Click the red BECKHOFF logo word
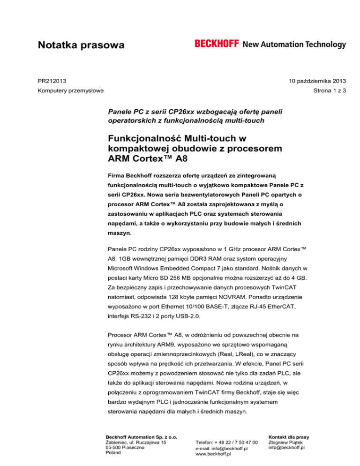tap(217, 44)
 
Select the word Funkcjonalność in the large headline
tap(150, 140)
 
